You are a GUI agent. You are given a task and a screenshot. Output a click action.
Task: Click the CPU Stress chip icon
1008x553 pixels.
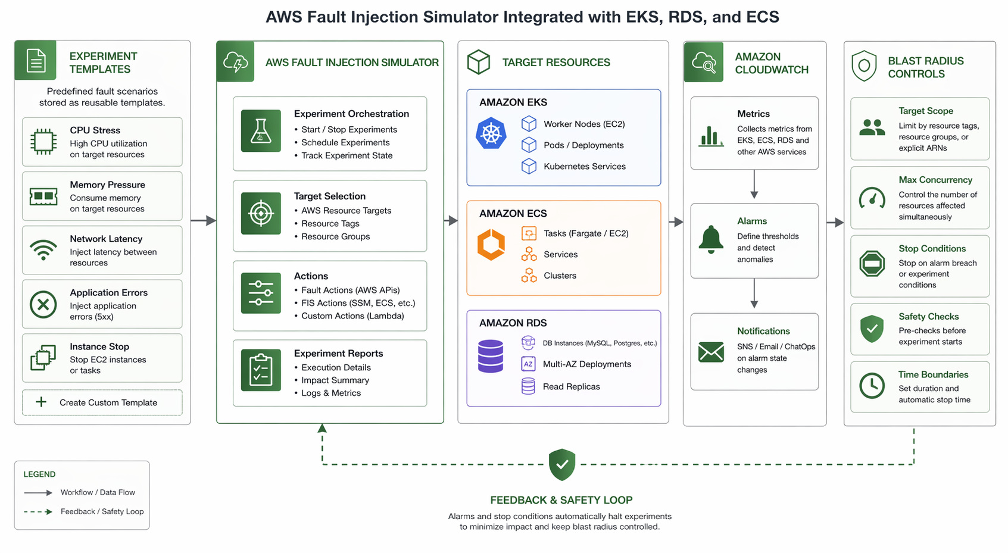pyautogui.click(x=43, y=142)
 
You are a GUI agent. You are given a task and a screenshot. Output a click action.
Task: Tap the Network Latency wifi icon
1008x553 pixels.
pyautogui.click(x=43, y=250)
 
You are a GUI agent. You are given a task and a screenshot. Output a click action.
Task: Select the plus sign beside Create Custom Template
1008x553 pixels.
pyautogui.click(x=41, y=402)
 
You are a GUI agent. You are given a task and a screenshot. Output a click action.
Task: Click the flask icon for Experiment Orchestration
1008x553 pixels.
pyautogui.click(x=261, y=131)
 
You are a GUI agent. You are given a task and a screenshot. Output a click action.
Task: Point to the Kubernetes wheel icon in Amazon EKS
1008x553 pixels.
pyautogui.click(x=491, y=133)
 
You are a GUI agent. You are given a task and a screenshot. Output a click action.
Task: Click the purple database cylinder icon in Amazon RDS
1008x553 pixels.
pyautogui.click(x=491, y=356)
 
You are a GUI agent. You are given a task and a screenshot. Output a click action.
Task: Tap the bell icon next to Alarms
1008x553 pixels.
pyautogui.click(x=711, y=240)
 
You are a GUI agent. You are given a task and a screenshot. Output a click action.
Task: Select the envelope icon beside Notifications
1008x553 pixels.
pyautogui.click(x=711, y=352)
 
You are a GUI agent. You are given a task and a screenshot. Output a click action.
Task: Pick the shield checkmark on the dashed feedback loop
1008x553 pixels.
pyautogui.click(x=561, y=464)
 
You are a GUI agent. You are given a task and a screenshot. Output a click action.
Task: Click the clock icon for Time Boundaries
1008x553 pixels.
pyautogui.click(x=872, y=386)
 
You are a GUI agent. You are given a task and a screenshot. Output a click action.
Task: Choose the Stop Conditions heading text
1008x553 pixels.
pyautogui.click(x=932, y=248)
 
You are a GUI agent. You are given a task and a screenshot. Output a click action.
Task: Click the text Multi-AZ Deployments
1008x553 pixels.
pyautogui.click(x=586, y=364)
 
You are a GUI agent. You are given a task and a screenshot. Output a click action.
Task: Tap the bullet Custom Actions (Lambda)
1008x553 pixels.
pyautogui.click(x=352, y=315)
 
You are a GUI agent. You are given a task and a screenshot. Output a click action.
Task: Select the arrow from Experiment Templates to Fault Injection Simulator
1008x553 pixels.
pyautogui.click(x=204, y=220)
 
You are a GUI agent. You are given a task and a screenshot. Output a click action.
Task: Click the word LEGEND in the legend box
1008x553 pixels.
pyautogui.click(x=39, y=474)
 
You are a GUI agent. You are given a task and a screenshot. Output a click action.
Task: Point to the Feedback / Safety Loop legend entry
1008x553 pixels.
pyautogui.click(x=102, y=511)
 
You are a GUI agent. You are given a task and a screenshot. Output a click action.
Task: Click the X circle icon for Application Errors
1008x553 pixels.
pyautogui.click(x=43, y=304)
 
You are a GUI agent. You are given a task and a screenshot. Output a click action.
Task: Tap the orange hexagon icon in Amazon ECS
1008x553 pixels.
pyautogui.click(x=491, y=245)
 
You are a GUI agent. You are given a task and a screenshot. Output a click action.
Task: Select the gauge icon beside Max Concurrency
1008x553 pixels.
pyautogui.click(x=872, y=198)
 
